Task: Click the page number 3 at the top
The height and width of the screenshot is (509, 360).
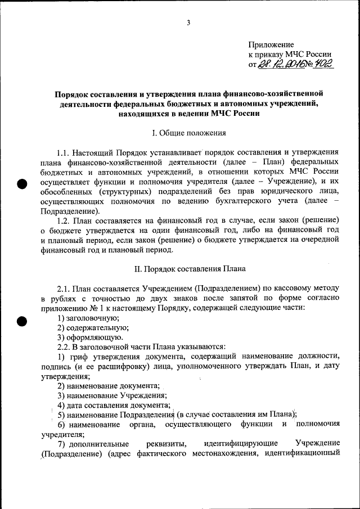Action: [x=188, y=22]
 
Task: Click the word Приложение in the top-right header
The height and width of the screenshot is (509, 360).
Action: [x=271, y=44]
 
